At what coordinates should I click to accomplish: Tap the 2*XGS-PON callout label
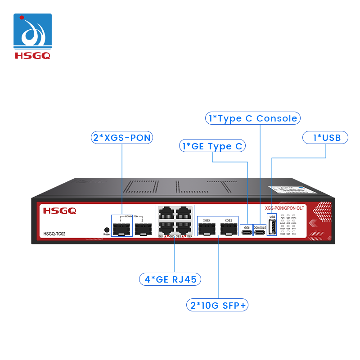coord(121,137)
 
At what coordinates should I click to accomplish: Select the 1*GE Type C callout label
coord(212,146)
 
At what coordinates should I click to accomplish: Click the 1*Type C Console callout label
coord(252,118)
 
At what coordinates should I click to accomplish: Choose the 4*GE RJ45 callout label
coord(170,279)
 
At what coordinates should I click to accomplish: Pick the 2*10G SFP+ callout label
coord(218,305)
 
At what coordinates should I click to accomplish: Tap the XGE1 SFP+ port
coord(207,229)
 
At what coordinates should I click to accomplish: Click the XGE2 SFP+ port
coord(228,229)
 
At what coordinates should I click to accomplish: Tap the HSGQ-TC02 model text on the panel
coord(54,234)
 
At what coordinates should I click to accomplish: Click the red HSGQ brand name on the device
coord(59,210)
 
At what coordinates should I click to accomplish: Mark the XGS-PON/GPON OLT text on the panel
coord(284,208)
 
